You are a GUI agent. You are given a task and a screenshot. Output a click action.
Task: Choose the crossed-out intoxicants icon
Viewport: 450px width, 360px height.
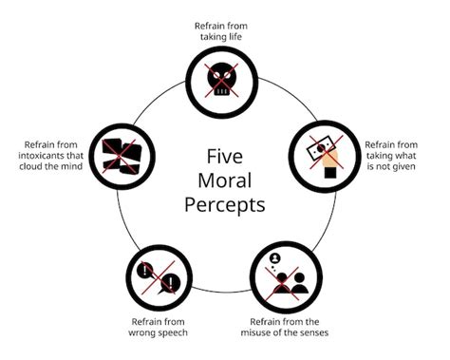122,152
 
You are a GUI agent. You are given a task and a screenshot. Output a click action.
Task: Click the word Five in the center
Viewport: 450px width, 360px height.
224,156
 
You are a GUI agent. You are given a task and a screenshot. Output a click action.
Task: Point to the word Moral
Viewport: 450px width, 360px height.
224,180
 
